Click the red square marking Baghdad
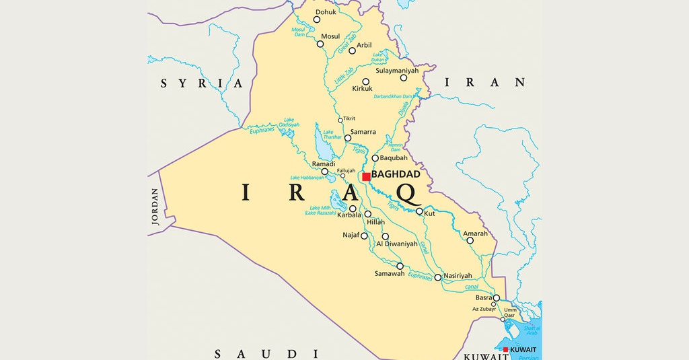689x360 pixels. click(366, 177)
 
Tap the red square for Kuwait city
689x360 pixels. click(506, 350)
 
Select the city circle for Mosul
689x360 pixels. click(320, 44)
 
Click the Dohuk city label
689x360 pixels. click(326, 11)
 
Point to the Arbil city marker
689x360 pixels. click(352, 50)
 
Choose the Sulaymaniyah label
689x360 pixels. click(397, 70)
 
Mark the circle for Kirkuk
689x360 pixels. click(366, 81)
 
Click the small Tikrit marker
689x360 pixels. click(340, 120)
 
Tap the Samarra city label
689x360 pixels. click(363, 132)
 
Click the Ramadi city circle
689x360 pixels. click(325, 172)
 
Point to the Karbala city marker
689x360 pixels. click(353, 209)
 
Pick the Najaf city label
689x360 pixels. click(351, 235)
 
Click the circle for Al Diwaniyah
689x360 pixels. click(386, 236)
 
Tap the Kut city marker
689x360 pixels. click(419, 211)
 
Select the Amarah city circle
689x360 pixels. click(470, 240)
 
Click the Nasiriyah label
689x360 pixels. click(458, 275)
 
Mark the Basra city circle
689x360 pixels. click(497, 298)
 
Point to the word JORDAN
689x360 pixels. click(155, 211)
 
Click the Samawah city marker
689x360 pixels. click(400, 266)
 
